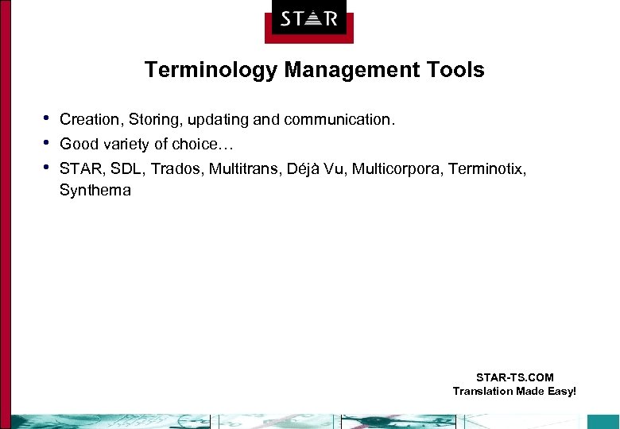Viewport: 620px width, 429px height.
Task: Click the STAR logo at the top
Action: [308, 19]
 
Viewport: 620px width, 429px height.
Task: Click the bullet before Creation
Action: [47, 118]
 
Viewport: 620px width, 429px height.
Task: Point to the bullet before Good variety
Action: [47, 142]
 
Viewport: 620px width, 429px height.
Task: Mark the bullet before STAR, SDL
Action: [47, 166]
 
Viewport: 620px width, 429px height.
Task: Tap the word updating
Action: [219, 121]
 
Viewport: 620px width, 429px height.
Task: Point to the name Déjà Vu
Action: [316, 168]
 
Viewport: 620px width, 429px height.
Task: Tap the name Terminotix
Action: [486, 168]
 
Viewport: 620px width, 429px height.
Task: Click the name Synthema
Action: [95, 191]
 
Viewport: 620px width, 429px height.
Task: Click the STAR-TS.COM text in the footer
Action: [514, 377]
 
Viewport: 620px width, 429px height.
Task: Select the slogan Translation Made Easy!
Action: [514, 391]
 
